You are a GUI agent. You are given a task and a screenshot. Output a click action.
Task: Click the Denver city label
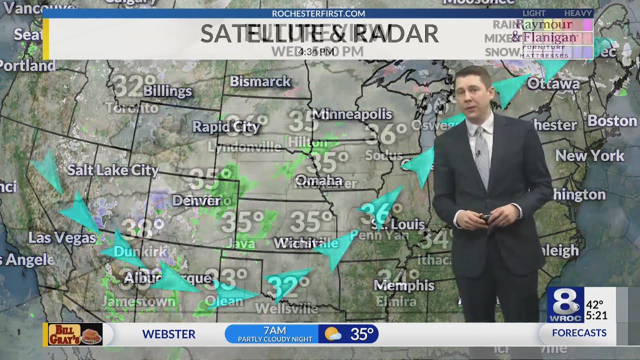[x=196, y=201]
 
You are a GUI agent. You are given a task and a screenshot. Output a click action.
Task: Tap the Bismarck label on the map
[x=260, y=81]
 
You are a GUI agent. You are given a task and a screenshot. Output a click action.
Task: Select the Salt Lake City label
[x=113, y=170]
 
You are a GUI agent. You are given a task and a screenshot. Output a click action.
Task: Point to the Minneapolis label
[x=352, y=114]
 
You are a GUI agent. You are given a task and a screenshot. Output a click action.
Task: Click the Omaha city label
[x=318, y=180]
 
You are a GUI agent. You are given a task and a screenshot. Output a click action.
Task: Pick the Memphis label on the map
[x=404, y=285]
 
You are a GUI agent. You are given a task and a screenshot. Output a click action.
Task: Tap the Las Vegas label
[x=62, y=237]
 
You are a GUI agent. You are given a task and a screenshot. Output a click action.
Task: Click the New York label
[x=590, y=156]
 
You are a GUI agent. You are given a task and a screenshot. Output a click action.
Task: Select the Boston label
[x=612, y=121]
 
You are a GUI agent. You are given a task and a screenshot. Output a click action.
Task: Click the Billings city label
[x=167, y=91]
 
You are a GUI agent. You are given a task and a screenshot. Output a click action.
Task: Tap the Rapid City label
[x=226, y=127]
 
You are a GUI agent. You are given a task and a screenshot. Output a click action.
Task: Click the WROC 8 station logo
[x=565, y=304]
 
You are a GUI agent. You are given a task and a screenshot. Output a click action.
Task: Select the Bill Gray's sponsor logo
[x=75, y=334]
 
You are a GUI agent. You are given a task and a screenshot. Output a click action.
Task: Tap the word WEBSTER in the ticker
[x=168, y=334]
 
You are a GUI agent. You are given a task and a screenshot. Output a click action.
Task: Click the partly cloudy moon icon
[x=333, y=334]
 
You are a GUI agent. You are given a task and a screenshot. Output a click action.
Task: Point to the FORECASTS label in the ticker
[x=579, y=333]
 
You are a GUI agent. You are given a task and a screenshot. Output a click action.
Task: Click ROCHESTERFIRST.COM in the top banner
[x=318, y=13]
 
